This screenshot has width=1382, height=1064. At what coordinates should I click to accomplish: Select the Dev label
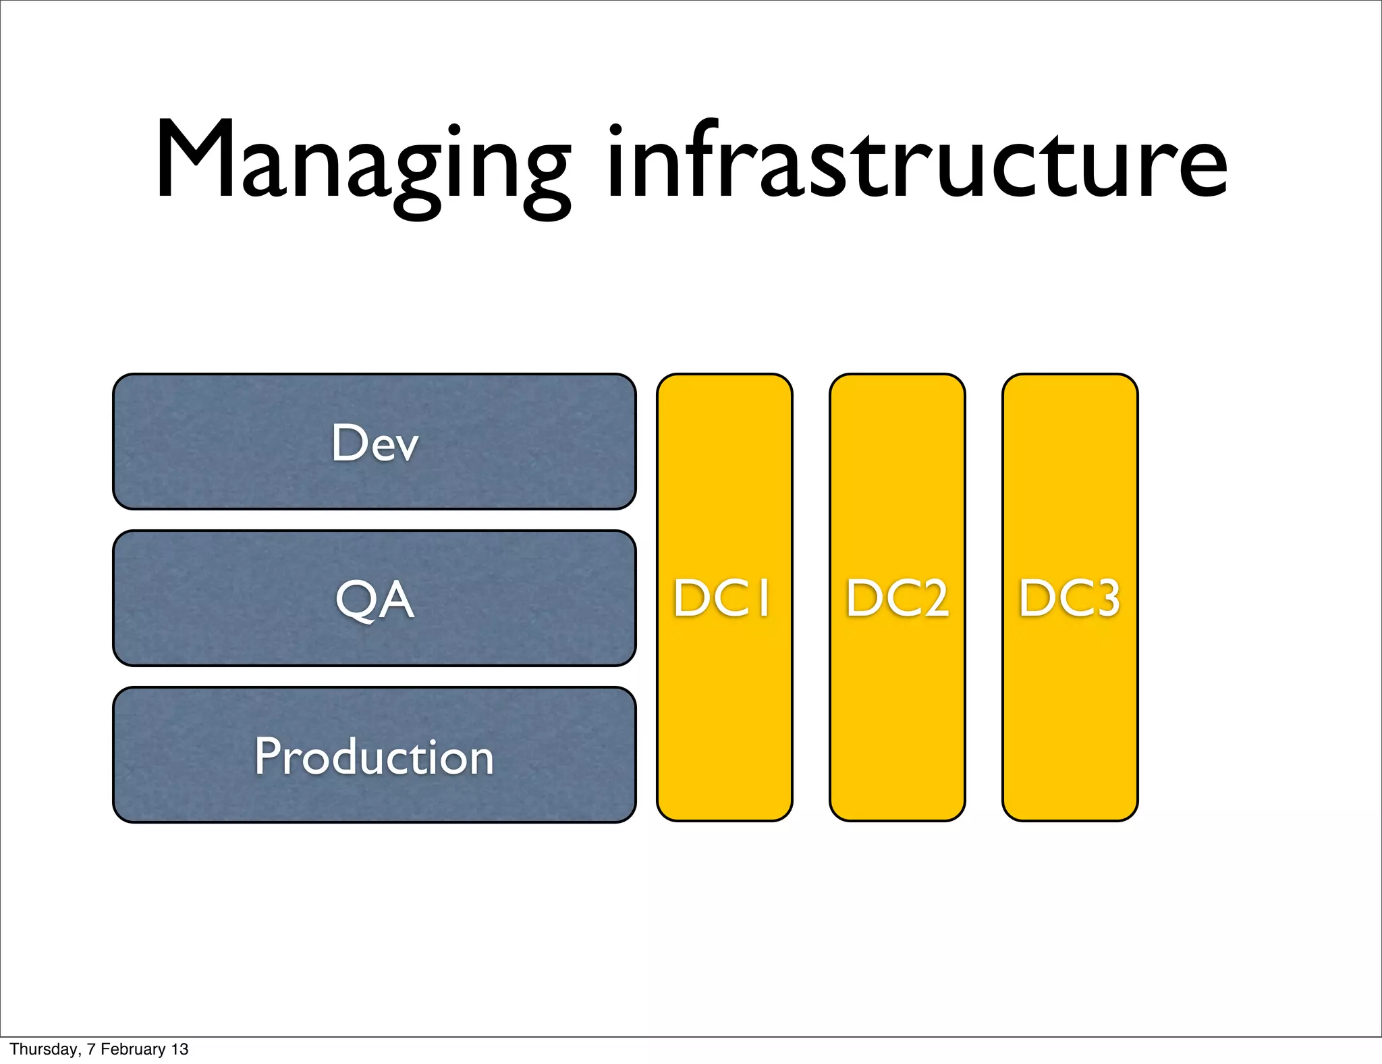click(x=375, y=443)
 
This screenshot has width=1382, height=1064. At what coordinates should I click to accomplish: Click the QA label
click(x=375, y=600)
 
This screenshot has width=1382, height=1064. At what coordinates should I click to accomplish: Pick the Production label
click(x=375, y=756)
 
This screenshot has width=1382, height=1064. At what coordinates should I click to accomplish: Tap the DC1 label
click(x=723, y=598)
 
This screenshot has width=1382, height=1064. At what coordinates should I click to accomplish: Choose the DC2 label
click(x=897, y=598)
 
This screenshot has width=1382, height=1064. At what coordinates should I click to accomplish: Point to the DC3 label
click(x=1070, y=598)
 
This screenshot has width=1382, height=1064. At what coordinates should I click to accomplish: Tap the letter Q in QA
click(x=355, y=600)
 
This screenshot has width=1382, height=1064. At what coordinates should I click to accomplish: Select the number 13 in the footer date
click(x=179, y=1049)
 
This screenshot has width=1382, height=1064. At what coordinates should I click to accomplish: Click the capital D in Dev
click(x=348, y=443)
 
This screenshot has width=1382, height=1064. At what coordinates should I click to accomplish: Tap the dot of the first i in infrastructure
click(x=615, y=129)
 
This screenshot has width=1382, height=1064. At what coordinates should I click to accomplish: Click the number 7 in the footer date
click(x=90, y=1049)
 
